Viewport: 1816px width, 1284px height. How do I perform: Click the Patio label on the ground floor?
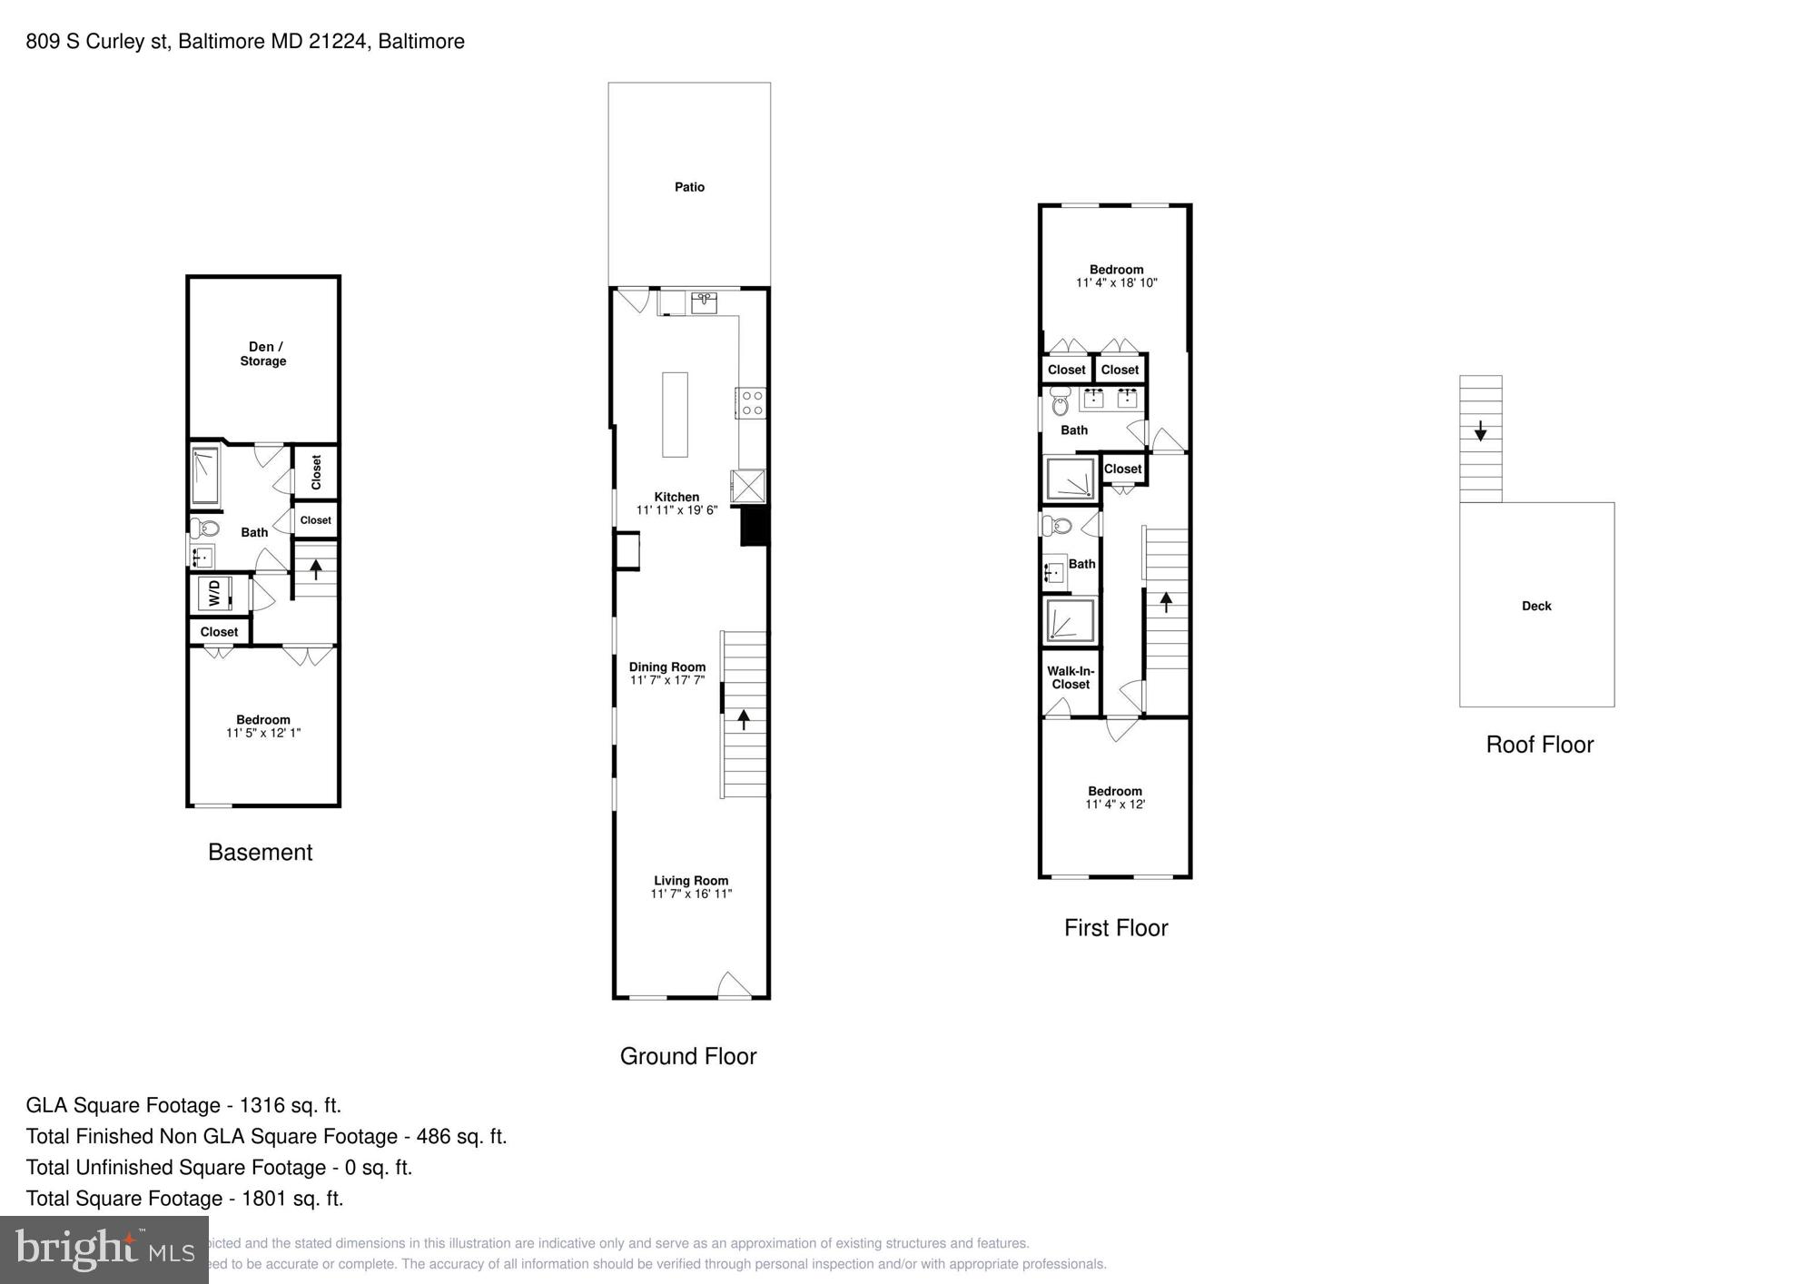(689, 187)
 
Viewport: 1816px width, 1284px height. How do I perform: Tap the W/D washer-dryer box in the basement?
(215, 594)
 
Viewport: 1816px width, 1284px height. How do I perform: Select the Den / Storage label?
(262, 353)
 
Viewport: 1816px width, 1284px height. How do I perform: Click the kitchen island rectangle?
(675, 414)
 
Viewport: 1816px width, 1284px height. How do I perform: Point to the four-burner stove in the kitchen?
(752, 403)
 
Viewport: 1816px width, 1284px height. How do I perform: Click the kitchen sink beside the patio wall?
(704, 301)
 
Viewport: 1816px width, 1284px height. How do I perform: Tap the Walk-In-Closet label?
(1071, 677)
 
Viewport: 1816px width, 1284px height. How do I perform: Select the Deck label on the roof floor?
(1536, 606)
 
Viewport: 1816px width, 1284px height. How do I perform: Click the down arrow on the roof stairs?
(1480, 430)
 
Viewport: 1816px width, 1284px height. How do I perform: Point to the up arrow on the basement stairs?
(315, 569)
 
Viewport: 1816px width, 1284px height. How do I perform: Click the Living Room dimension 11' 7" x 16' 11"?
(691, 894)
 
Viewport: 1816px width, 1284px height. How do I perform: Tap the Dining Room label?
(667, 667)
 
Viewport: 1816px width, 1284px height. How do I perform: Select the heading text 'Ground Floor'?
(687, 1056)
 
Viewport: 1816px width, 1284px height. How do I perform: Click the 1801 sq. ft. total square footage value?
(291, 1198)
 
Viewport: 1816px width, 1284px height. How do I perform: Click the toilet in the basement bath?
(207, 528)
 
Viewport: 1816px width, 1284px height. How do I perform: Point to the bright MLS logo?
(104, 1250)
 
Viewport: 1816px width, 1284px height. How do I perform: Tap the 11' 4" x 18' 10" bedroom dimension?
(1116, 282)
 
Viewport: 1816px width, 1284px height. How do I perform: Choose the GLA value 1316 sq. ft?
(290, 1105)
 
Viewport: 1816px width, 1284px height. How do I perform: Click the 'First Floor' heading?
(1115, 927)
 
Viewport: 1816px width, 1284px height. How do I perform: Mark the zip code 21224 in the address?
(338, 41)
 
